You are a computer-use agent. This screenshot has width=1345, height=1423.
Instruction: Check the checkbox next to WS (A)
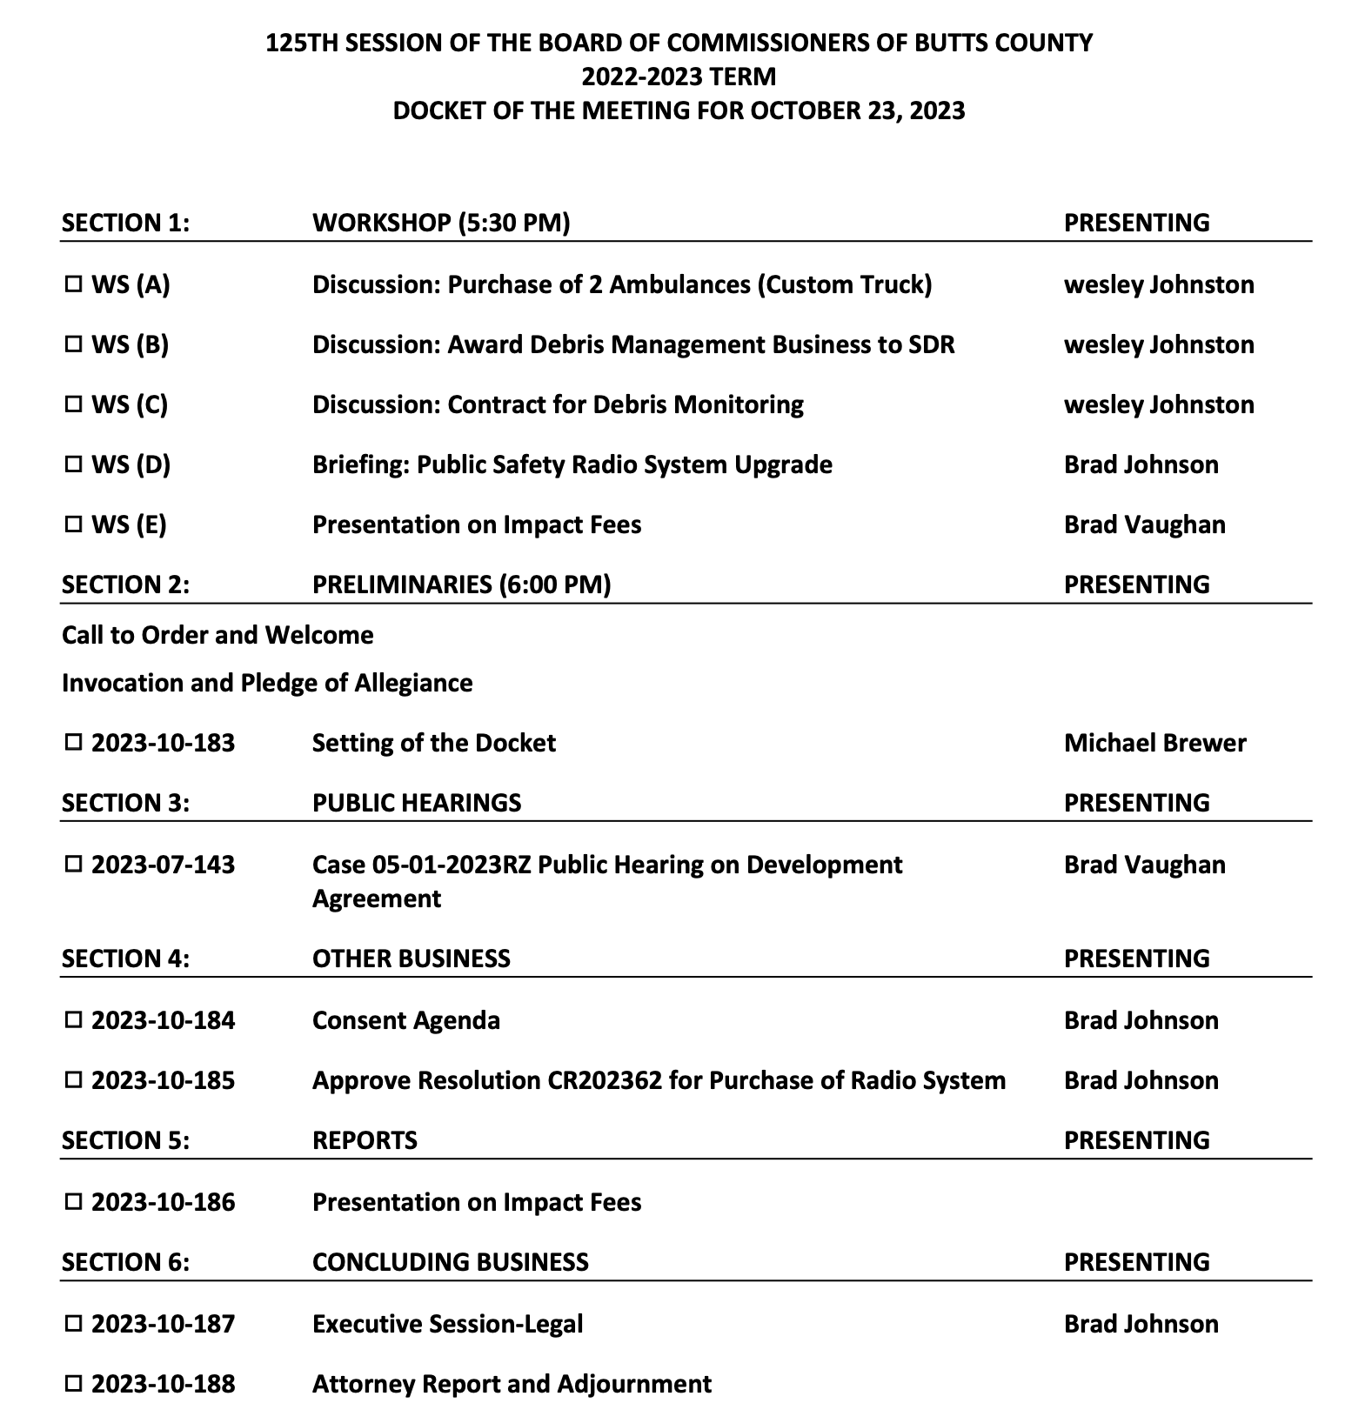click(x=73, y=284)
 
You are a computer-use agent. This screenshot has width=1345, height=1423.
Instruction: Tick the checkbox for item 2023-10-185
click(x=73, y=1079)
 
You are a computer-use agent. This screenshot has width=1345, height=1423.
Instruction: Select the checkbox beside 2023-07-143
click(x=73, y=864)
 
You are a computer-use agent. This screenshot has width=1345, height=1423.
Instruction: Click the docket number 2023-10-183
click(x=163, y=743)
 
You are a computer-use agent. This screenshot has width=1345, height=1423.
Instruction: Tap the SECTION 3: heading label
click(x=125, y=802)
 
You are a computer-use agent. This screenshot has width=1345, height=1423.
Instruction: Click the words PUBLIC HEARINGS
click(x=417, y=802)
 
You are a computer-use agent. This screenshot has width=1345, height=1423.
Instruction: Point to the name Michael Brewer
click(x=1154, y=743)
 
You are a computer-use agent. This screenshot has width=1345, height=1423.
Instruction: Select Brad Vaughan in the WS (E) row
click(x=1144, y=524)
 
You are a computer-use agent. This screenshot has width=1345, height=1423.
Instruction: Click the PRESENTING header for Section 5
click(x=1136, y=1139)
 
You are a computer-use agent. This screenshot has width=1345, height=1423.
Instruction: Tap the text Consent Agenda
click(x=405, y=1019)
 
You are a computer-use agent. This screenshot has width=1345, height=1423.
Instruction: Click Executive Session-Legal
click(x=447, y=1323)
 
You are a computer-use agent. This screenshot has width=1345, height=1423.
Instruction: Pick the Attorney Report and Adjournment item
click(x=512, y=1383)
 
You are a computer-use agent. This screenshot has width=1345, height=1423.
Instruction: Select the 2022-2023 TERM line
click(x=679, y=77)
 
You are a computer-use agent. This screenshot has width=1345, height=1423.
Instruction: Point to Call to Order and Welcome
click(x=217, y=635)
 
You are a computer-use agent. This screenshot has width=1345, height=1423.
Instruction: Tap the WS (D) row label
click(x=130, y=464)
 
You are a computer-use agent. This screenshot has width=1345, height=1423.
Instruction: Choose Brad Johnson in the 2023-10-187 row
click(x=1141, y=1323)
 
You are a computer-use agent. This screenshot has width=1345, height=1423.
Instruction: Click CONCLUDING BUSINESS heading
click(x=450, y=1261)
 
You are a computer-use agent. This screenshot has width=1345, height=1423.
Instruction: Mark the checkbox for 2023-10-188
click(x=73, y=1383)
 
